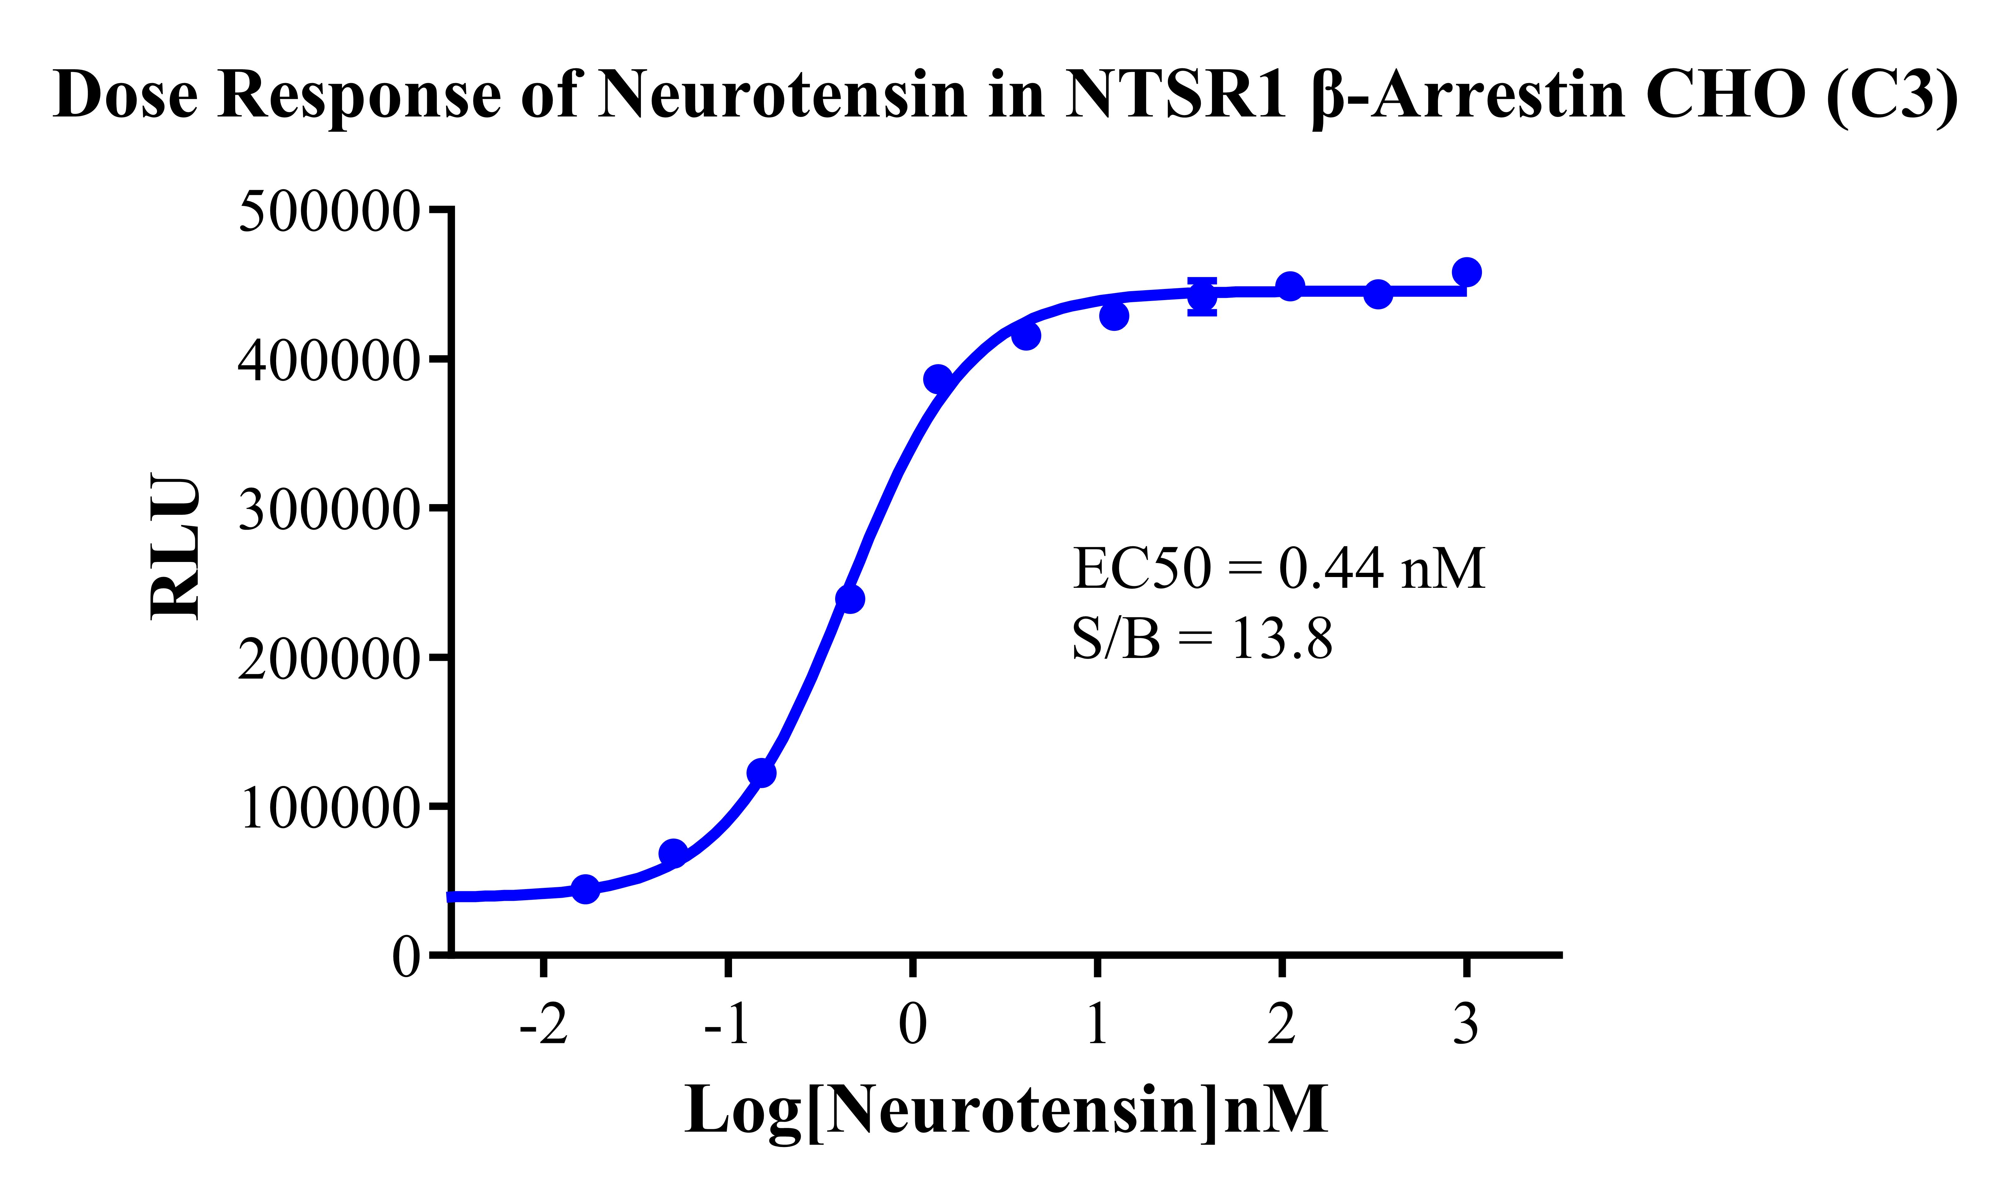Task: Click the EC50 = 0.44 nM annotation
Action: click(1278, 569)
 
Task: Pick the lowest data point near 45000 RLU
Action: click(586, 889)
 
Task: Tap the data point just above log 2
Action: click(1290, 286)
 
